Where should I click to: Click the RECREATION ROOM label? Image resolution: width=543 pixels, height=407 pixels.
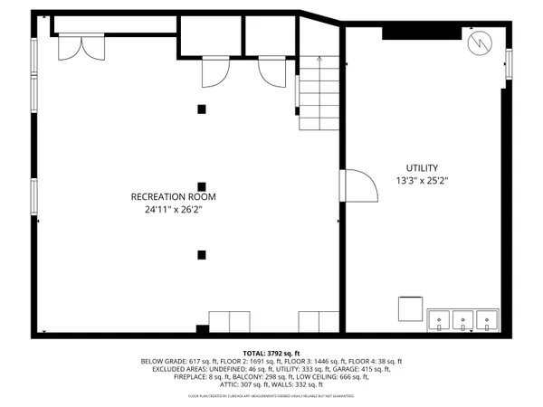point(173,196)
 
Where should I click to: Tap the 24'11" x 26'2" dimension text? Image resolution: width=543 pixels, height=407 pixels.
point(173,210)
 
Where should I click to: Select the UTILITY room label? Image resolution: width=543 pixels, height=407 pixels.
point(421,168)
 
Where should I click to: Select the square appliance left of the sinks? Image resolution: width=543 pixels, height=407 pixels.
point(413,309)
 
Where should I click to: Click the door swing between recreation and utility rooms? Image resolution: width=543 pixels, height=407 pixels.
point(359,188)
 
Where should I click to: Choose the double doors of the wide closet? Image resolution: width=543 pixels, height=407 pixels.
point(77,47)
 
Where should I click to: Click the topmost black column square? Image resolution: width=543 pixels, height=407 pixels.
point(202,109)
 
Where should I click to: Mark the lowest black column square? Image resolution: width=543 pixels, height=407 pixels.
point(202,255)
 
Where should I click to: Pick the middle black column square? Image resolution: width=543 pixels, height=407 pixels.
point(202,181)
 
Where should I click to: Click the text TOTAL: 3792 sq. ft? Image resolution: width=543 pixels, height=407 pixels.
point(272,353)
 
